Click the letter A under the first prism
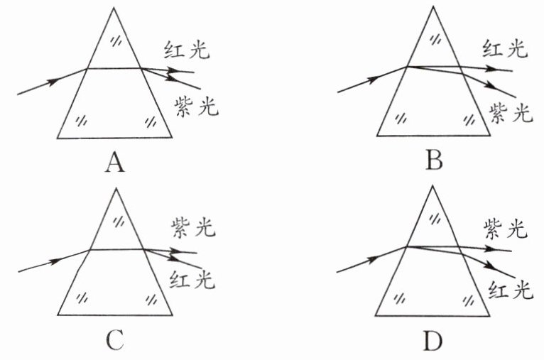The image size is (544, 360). coord(114,164)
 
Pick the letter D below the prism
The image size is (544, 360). coord(433,342)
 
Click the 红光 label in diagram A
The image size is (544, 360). coord(186,51)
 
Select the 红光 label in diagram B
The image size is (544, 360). coord(505,49)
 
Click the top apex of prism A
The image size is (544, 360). coord(114,8)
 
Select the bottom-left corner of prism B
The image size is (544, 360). coord(376,136)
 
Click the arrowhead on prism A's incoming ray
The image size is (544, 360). coord(51,81)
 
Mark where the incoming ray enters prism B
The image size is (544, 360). coord(406,67)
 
